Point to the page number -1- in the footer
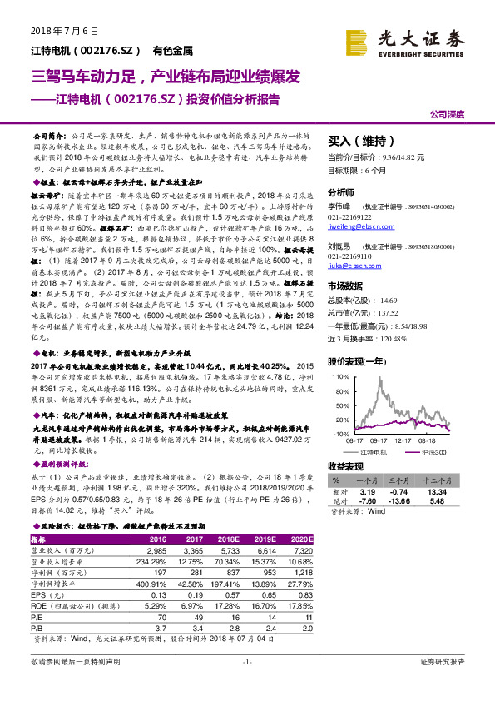tap(246, 684)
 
